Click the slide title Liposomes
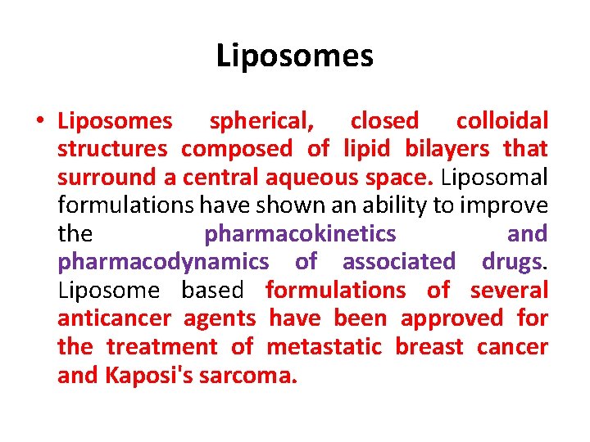pos(294,56)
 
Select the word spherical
pos(261,122)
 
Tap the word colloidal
pos(501,122)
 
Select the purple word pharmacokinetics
pos(300,234)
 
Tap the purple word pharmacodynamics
pos(163,262)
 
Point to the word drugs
pos(511,262)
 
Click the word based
pos(212,290)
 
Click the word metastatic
pos(324,346)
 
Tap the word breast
pos(429,346)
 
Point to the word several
pos(508,290)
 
